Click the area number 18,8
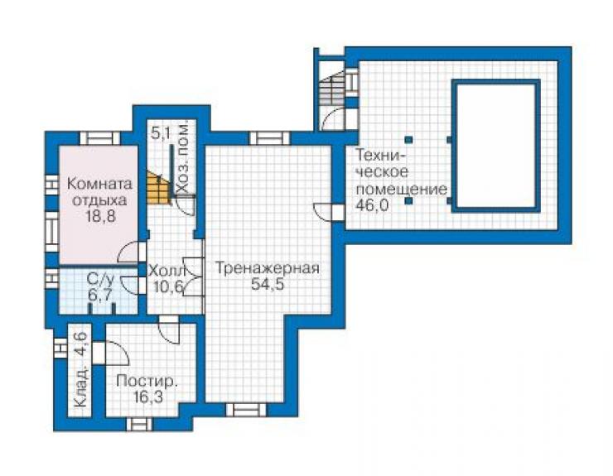point(100,215)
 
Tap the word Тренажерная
point(268,268)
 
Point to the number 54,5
point(268,284)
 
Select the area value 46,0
point(372,204)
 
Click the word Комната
point(100,184)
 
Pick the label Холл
point(166,271)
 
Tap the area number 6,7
point(99,295)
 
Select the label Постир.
point(147,381)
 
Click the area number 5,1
point(161,134)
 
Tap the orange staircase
point(159,187)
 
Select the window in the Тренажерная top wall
point(270,138)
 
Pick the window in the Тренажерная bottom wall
point(246,410)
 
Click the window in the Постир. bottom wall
point(139,425)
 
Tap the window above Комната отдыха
point(100,138)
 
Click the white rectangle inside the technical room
point(495,146)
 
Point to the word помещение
point(402,189)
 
